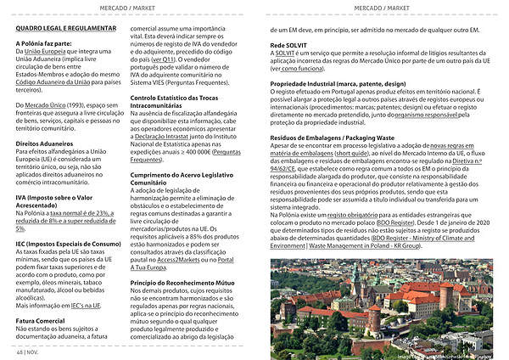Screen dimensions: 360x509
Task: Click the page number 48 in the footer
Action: [19, 350]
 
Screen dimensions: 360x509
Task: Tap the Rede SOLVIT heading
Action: [288, 43]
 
